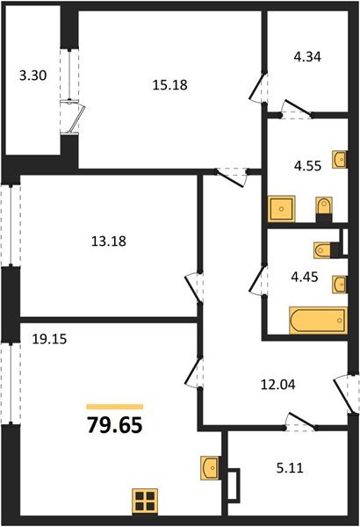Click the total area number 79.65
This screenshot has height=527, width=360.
coord(115,425)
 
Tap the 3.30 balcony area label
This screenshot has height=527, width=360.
coord(32,76)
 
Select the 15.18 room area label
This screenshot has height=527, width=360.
coord(169,84)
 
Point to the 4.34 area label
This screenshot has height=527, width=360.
coord(307,57)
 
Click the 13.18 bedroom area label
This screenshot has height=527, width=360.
coord(109,241)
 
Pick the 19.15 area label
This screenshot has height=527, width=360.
coord(49,339)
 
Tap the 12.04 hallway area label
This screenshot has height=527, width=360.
coord(278,384)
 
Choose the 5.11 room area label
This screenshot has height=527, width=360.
coord(290,467)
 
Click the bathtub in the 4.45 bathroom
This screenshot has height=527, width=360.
coord(318,321)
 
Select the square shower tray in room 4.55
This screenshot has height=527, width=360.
coord(281,209)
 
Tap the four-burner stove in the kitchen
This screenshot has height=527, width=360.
coord(145,502)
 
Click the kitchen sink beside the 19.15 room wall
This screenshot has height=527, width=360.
coord(211,467)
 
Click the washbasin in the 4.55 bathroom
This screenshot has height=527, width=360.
coord(340,159)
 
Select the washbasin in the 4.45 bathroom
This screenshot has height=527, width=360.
coord(340,285)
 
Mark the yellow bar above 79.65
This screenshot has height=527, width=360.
coord(115,407)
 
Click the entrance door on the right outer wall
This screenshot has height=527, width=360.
coord(342,393)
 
